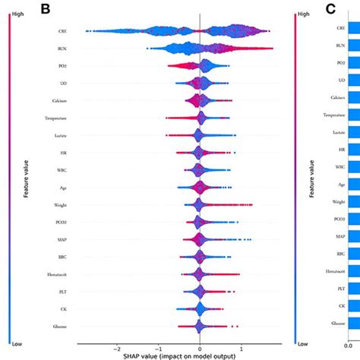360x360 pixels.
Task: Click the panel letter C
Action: pyautogui.click(x=331, y=9)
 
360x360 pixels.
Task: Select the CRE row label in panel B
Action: pyautogui.click(x=62, y=31)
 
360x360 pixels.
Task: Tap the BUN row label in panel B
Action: pyautogui.click(x=61, y=49)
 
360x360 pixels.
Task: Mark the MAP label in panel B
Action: pyautogui.click(x=61, y=238)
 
